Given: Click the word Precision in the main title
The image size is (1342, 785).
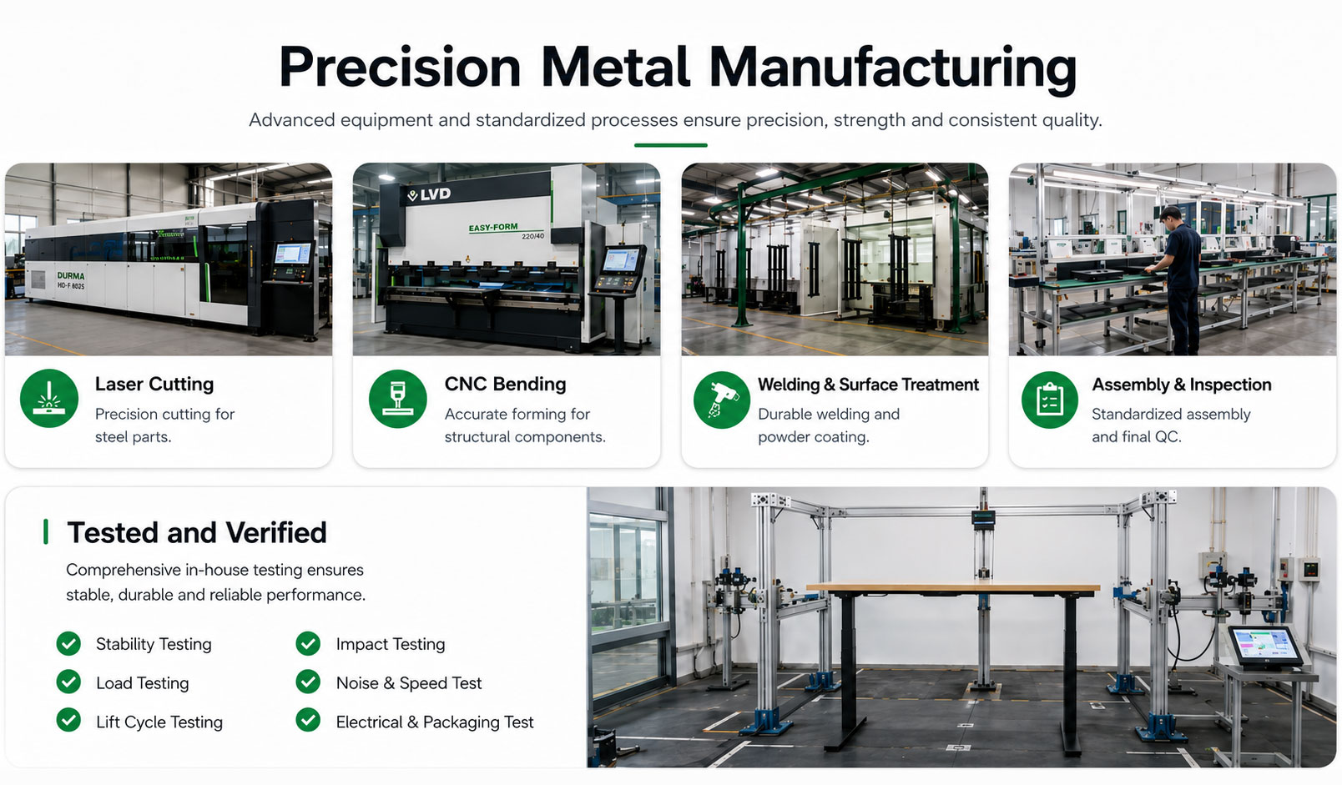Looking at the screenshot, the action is pyautogui.click(x=400, y=67).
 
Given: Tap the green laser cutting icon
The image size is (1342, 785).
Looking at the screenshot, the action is pyautogui.click(x=49, y=398).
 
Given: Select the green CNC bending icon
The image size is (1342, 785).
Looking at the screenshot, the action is pyautogui.click(x=398, y=398).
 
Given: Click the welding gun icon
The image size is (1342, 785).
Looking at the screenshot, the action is pyautogui.click(x=721, y=400).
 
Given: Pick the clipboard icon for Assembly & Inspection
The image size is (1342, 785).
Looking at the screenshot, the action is pyautogui.click(x=1050, y=400).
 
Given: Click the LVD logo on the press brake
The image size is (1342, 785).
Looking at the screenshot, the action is pyautogui.click(x=429, y=194).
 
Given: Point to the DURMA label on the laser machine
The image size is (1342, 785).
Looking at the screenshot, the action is pyautogui.click(x=71, y=275).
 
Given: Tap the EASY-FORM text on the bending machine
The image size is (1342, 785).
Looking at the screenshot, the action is pyautogui.click(x=493, y=228).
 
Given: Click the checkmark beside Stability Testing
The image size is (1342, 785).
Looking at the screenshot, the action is pyautogui.click(x=69, y=644).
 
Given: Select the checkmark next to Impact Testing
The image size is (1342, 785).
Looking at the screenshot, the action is pyautogui.click(x=308, y=644).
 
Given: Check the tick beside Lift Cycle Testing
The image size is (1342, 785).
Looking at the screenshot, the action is pyautogui.click(x=69, y=720).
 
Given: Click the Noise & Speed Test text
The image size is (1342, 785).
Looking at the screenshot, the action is pyautogui.click(x=409, y=683).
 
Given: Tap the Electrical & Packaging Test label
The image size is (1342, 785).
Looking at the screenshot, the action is pyautogui.click(x=434, y=722).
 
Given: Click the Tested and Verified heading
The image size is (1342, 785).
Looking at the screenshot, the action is pyautogui.click(x=196, y=532).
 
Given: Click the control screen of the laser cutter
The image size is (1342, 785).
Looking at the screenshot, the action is pyautogui.click(x=292, y=254).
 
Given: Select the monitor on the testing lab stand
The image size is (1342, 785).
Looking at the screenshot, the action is pyautogui.click(x=1264, y=646).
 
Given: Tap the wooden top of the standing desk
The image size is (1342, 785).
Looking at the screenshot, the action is pyautogui.click(x=953, y=588).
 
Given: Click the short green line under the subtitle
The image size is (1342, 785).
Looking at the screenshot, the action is pyautogui.click(x=671, y=145).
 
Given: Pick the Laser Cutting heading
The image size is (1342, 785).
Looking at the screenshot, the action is pyautogui.click(x=154, y=384).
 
